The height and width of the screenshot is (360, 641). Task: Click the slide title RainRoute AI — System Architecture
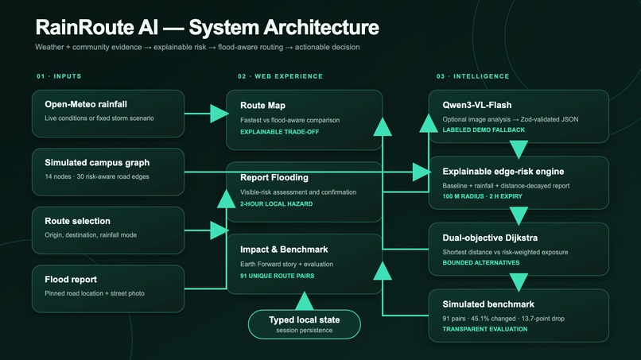[x=208, y=27]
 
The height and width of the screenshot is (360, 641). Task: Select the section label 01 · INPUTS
[x=59, y=76]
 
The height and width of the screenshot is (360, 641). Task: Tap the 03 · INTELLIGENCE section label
[x=472, y=76]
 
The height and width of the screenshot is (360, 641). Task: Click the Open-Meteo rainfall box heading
[x=86, y=104]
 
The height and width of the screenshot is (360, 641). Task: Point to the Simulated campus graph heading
[x=97, y=163]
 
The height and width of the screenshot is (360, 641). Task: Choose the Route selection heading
[x=78, y=221]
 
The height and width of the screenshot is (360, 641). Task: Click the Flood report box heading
[x=71, y=280]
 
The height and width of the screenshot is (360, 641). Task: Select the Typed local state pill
[x=304, y=324]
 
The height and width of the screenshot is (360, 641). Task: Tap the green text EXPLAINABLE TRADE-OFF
[x=280, y=132]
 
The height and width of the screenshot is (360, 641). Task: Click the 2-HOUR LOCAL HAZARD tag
[x=276, y=204]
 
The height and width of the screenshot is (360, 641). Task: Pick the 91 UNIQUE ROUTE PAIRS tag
[x=278, y=276]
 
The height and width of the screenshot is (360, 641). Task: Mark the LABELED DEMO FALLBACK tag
[x=484, y=130]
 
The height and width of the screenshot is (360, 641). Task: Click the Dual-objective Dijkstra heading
[x=490, y=238]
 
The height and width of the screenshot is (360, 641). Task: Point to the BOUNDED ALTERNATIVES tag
[x=481, y=263]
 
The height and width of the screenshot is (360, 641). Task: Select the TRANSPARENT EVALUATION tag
[x=485, y=329]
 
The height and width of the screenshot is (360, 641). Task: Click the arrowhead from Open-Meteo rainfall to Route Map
[x=219, y=114]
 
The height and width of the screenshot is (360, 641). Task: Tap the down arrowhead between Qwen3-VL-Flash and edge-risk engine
[x=519, y=149]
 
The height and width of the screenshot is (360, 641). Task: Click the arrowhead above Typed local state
[x=304, y=300]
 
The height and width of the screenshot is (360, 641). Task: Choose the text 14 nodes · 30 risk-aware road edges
[x=97, y=176]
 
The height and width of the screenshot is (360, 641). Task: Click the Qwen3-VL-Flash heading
[x=477, y=105]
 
